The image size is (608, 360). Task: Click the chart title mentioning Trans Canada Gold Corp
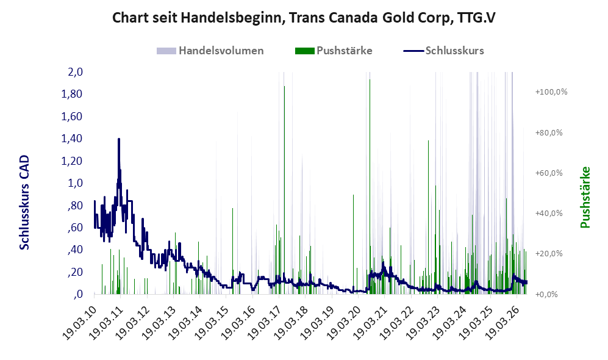tap(304, 18)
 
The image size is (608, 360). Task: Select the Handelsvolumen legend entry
tap(210, 51)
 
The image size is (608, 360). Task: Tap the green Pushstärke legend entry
tap(334, 51)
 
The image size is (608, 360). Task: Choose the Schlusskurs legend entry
tap(443, 51)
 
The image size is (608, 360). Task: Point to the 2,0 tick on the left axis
tap(76, 72)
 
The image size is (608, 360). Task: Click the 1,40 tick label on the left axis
tap(72, 139)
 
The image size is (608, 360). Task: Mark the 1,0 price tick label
tap(76, 183)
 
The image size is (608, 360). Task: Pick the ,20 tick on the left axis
tap(75, 272)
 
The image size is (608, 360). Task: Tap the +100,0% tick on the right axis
tap(551, 92)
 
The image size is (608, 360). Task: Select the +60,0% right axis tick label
tap(549, 173)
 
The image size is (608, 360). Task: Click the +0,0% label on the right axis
tap(546, 295)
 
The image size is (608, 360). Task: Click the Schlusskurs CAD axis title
tap(24, 202)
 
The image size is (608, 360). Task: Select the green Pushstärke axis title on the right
tap(585, 197)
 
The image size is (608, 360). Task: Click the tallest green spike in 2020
tap(370, 187)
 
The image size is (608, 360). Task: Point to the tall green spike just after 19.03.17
tap(284, 190)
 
